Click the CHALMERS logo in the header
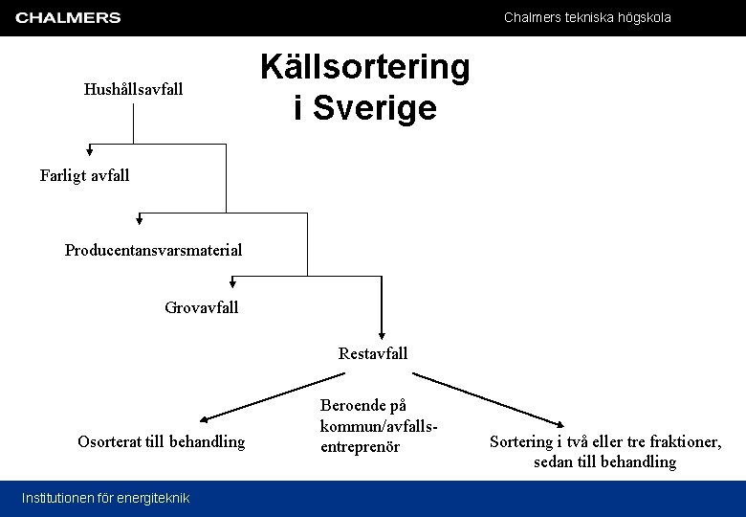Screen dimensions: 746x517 68,17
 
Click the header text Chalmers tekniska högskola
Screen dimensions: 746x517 587,17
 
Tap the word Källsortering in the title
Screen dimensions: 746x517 365,67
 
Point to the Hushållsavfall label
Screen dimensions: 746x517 133,90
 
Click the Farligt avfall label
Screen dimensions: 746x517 84,175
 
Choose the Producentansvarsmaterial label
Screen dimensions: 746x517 153,250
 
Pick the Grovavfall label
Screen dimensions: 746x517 201,307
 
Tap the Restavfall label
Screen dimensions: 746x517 373,353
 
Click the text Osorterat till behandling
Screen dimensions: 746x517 161,441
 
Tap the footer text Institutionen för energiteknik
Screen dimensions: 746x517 105,498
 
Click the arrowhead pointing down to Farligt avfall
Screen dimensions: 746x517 90,150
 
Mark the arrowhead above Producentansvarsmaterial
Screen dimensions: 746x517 141,219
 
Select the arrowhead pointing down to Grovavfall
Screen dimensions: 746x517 232,282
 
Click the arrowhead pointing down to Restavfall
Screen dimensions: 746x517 382,330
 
